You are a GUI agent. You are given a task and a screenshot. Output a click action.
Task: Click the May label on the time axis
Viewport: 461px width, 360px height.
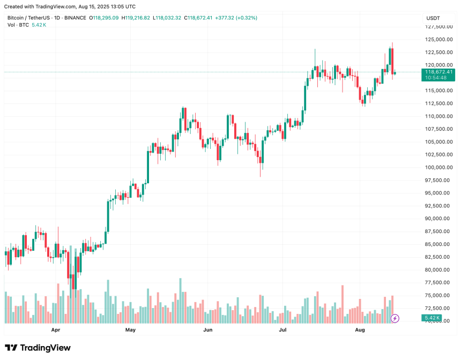click(130, 330)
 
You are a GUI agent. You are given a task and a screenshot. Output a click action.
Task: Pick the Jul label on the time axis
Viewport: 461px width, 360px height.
click(282, 330)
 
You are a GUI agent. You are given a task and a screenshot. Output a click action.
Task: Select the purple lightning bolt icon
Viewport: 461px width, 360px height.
click(395, 318)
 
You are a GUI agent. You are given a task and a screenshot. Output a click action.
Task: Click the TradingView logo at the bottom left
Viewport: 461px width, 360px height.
click(38, 348)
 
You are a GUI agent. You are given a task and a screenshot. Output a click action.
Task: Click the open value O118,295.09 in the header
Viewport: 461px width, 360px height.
click(106, 18)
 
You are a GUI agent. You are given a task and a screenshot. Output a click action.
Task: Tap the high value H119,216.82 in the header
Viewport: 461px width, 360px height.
click(136, 18)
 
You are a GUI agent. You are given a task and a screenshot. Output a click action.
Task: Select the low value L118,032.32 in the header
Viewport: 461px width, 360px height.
click(167, 18)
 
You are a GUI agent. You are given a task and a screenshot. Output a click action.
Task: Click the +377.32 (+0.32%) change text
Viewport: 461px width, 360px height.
click(236, 18)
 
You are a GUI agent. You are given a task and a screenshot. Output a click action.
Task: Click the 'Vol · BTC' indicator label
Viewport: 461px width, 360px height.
click(18, 25)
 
